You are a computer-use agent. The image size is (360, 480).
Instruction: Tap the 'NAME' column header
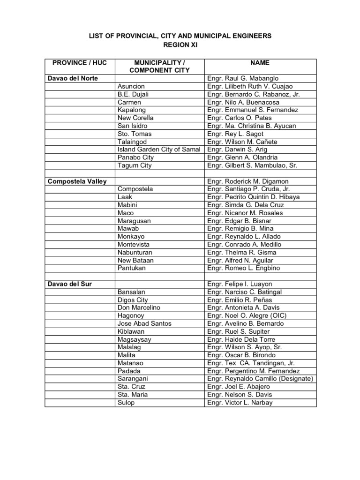pos(260,63)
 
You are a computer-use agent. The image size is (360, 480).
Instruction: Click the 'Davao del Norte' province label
pos(72,78)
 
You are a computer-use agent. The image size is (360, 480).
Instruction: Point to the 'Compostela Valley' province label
pos(77,181)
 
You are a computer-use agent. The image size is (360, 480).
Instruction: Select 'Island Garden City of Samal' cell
pos(159,150)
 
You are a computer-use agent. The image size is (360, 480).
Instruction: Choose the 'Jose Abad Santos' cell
pos(144,324)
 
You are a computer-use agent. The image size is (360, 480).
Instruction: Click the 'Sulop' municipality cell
pos(126,403)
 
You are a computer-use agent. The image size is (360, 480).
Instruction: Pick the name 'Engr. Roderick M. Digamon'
pos(248,181)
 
